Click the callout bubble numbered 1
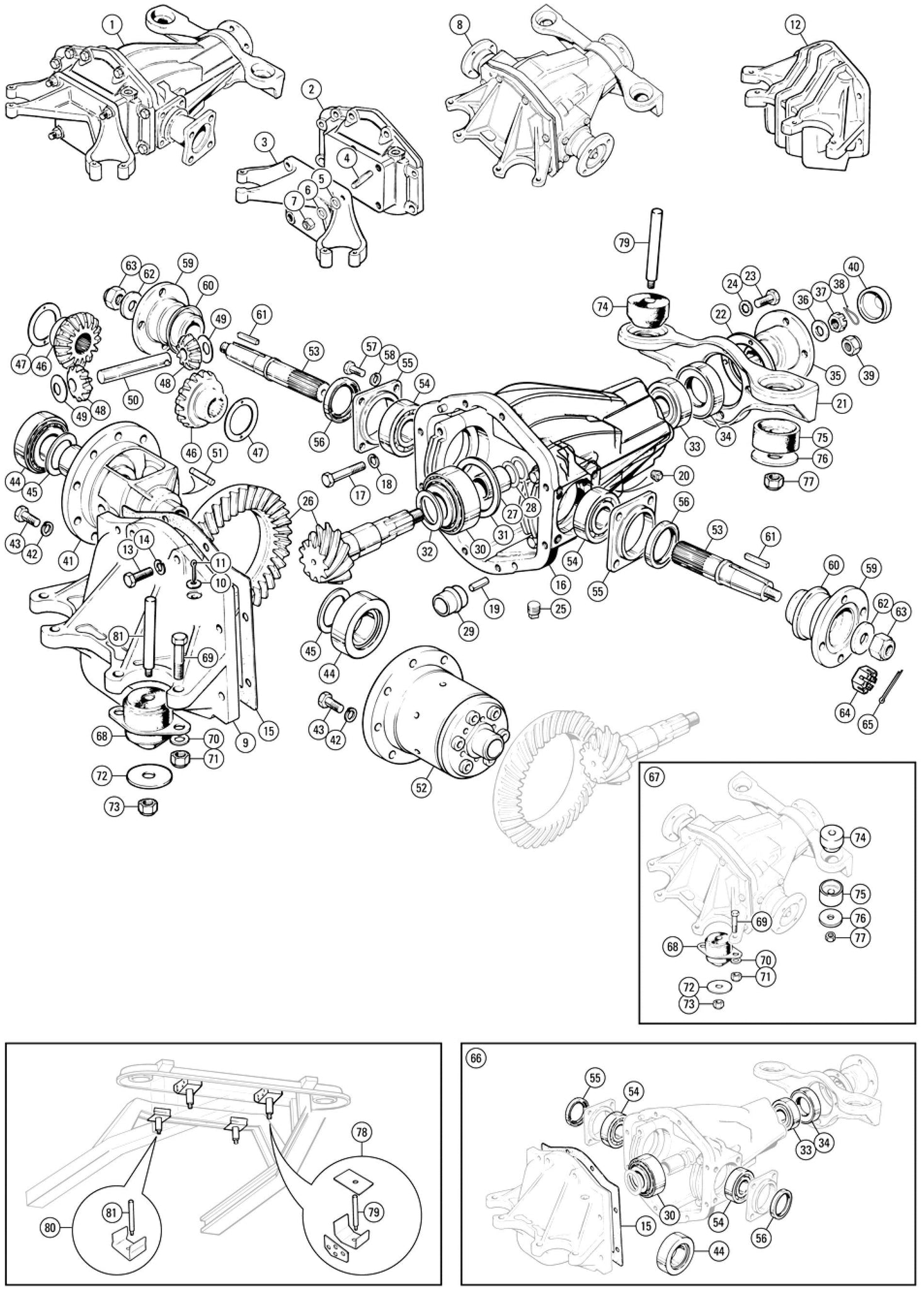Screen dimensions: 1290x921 [112, 25]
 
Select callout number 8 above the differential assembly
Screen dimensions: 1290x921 [460, 25]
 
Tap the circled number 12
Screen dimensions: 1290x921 [795, 25]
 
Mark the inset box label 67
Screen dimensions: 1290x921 [654, 777]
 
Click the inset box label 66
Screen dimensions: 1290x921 [476, 1058]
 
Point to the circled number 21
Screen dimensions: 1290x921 [841, 403]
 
